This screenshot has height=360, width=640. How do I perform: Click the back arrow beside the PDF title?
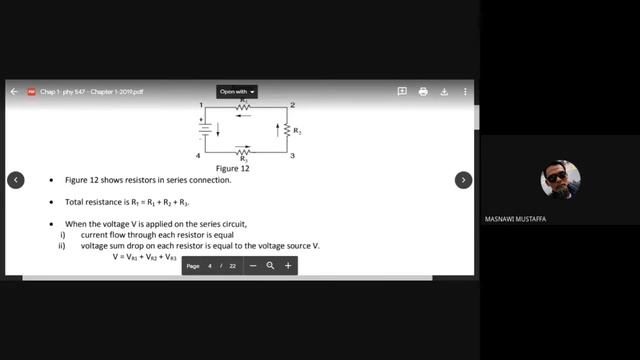point(14,91)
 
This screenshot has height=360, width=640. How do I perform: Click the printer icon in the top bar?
point(423,91)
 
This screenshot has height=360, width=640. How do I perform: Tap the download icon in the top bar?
point(443,91)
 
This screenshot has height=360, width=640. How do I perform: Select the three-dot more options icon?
point(464,91)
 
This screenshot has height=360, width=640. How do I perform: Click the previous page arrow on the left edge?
point(16,180)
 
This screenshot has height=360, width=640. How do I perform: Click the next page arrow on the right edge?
point(463,180)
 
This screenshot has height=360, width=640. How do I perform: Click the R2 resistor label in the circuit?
point(297,131)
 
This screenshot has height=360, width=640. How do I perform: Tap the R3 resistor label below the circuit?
point(243,160)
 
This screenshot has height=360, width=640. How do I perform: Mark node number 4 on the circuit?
point(199,156)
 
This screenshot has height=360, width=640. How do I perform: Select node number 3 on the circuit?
point(291,156)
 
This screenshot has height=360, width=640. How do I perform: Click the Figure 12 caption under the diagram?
point(233,169)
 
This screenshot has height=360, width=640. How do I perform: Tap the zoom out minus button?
point(253,266)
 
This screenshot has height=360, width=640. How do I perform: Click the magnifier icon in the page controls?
point(270,266)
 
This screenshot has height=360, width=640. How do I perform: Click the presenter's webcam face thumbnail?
point(560,180)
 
